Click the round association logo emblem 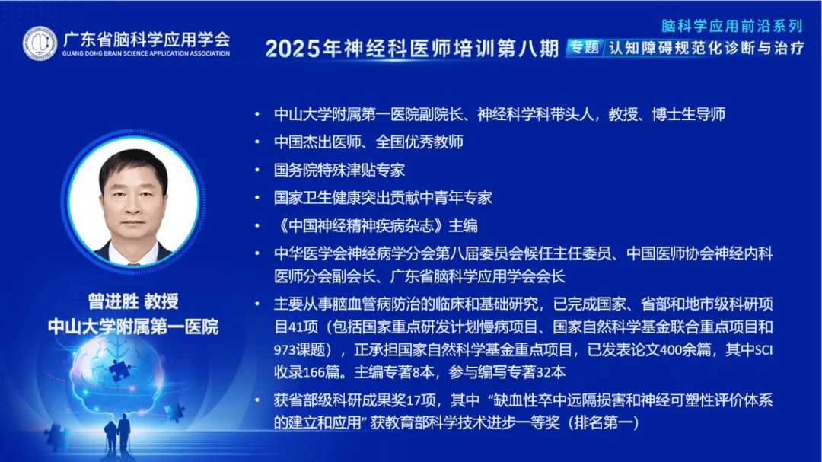click(x=40, y=43)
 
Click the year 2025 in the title click(x=292, y=49)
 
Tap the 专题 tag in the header click(x=585, y=48)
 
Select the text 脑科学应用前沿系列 click(x=732, y=26)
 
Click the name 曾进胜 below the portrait click(x=113, y=301)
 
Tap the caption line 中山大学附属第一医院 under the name click(x=133, y=327)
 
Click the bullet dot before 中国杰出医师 click(x=257, y=142)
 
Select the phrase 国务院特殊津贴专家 click(x=339, y=170)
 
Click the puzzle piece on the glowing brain click(x=120, y=370)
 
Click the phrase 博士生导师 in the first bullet click(x=689, y=114)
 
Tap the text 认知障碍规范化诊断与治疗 click(x=706, y=48)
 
